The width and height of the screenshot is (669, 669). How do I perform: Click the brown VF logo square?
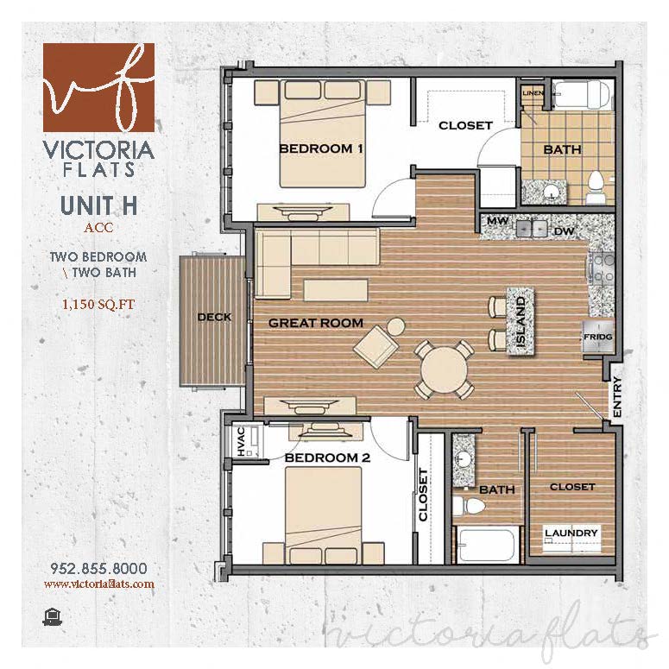[x=98, y=86]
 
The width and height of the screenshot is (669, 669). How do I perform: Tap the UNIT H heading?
[x=98, y=207]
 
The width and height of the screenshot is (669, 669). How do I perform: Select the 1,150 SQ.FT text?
[x=98, y=304]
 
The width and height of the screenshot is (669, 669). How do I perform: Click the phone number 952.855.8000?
[x=98, y=568]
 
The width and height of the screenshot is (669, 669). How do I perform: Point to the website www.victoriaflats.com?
[x=98, y=584]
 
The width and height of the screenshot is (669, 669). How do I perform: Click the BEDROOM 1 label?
[x=320, y=148]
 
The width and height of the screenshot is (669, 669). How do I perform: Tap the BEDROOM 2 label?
[x=327, y=458]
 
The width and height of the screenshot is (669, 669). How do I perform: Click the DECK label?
[x=214, y=317]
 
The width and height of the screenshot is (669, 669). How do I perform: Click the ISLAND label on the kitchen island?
[x=521, y=322]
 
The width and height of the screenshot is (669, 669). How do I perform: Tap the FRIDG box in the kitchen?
[x=597, y=337]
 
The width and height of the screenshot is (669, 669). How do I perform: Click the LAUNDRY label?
[x=571, y=533]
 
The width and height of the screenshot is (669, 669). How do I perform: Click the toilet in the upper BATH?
[x=595, y=181]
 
